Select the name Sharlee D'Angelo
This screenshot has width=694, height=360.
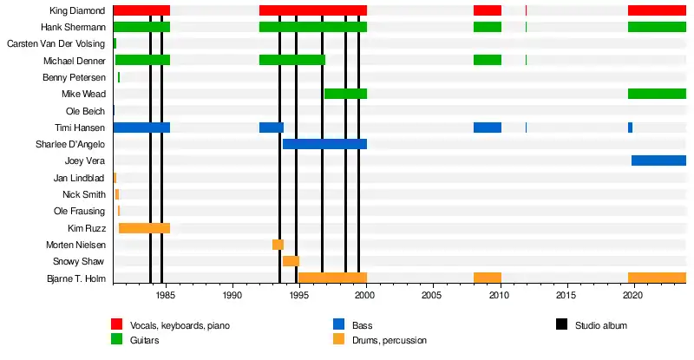tap(70, 144)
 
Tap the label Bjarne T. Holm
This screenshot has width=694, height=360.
tap(75, 278)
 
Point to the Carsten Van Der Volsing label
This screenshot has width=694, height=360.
tap(56, 43)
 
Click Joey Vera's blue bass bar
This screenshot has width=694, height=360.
tap(658, 160)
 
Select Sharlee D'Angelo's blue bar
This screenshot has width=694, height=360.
tap(324, 144)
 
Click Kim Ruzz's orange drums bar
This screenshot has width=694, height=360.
tap(144, 228)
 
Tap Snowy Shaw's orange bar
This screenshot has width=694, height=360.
tap(291, 261)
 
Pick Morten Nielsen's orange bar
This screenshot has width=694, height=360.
tap(278, 245)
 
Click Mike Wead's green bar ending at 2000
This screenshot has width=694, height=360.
tap(345, 94)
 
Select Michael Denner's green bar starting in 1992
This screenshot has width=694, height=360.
tap(292, 60)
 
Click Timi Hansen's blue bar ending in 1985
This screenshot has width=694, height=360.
tap(141, 128)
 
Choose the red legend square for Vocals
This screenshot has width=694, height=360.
tap(116, 325)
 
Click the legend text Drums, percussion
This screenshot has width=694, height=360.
tap(390, 341)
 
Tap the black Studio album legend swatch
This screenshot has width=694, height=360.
tap(562, 325)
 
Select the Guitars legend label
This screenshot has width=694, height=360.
tap(145, 341)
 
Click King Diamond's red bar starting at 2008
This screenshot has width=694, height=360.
tap(487, 10)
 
